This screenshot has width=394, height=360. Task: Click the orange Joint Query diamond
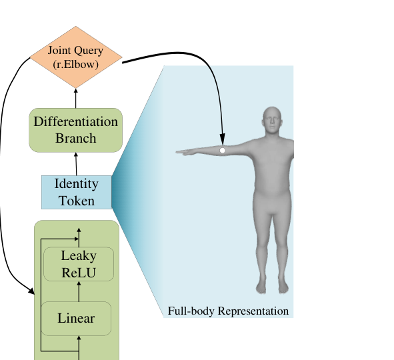(76, 57)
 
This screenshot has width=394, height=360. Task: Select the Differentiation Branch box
(75, 130)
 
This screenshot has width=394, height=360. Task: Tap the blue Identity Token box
(77, 192)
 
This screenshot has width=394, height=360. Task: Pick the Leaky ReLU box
(79, 264)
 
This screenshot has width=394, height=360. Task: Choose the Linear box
(76, 318)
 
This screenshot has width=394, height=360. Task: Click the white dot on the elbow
(223, 151)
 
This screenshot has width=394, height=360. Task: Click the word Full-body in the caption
(191, 311)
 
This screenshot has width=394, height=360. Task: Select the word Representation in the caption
(253, 311)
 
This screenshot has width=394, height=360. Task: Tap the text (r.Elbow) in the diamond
(75, 65)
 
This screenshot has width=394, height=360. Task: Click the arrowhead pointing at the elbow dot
(223, 139)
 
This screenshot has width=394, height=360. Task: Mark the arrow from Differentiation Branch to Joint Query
(75, 98)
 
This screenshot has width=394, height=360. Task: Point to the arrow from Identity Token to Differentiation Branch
(76, 164)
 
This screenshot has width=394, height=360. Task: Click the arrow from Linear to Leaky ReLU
(79, 291)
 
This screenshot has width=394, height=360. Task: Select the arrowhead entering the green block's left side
(31, 291)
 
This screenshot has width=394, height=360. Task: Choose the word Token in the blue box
(77, 201)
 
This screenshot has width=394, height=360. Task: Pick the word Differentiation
(75, 121)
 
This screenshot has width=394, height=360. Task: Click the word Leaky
(79, 256)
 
